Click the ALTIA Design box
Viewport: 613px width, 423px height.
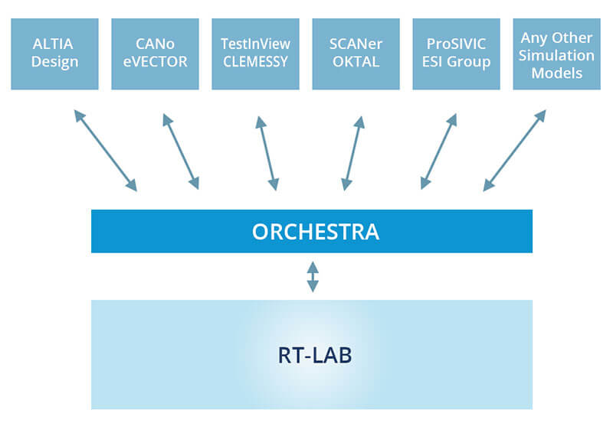tap(54, 54)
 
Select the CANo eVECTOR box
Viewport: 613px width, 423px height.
tap(156, 54)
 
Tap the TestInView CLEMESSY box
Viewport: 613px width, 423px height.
tap(256, 54)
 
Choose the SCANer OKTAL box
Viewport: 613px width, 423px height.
tap(356, 54)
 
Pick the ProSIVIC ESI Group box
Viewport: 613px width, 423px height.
tap(456, 54)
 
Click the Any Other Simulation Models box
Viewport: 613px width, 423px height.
tap(557, 54)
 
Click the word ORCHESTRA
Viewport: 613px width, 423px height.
tap(316, 232)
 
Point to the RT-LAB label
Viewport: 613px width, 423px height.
tap(315, 355)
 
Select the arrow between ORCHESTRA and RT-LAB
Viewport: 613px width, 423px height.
tap(313, 277)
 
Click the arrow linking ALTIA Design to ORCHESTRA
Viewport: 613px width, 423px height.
tap(106, 151)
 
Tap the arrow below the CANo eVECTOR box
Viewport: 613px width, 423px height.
tap(181, 151)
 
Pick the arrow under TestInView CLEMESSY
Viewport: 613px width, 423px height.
tap(267, 153)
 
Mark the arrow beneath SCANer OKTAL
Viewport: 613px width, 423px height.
tap(353, 153)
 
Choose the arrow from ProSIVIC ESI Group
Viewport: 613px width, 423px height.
tap(438, 151)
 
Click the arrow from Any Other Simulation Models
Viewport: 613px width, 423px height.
tap(514, 151)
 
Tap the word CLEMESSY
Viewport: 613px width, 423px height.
tap(256, 62)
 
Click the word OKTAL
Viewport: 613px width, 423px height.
tap(356, 62)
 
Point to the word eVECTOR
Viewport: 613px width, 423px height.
tap(156, 62)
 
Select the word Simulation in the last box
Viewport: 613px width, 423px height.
tap(557, 55)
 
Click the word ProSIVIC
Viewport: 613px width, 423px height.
tap(456, 44)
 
